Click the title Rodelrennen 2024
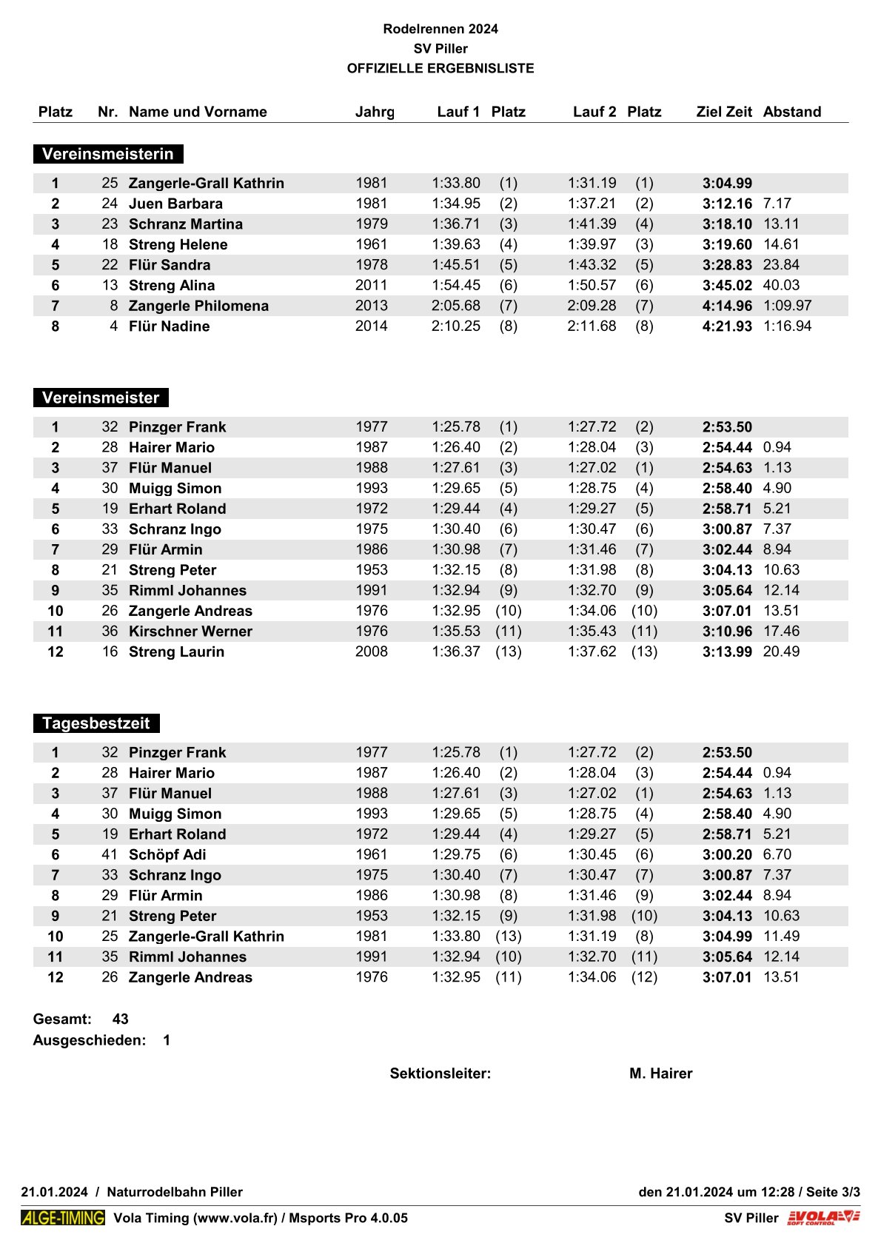pyautogui.click(x=440, y=29)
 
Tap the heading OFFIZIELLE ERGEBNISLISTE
pyautogui.click(x=440, y=68)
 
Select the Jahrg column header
pyautogui.click(x=375, y=112)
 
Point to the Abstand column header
pyautogui.click(x=792, y=112)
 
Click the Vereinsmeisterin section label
pyautogui.click(x=108, y=154)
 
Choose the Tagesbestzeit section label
pyautogui.click(x=96, y=723)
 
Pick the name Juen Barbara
pyautogui.click(x=175, y=204)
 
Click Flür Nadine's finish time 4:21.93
pyautogui.click(x=727, y=326)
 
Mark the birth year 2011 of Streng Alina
pyautogui.click(x=372, y=286)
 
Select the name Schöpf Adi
pyautogui.click(x=167, y=854)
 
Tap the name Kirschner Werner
pyautogui.click(x=190, y=632)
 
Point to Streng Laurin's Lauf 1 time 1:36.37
pyautogui.click(x=456, y=652)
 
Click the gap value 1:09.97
pyautogui.click(x=788, y=306)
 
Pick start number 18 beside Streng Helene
pyautogui.click(x=110, y=244)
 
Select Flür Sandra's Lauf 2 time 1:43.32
pyautogui.click(x=592, y=265)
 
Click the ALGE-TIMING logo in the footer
pyautogui.click(x=63, y=1218)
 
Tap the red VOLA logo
pyautogui.click(x=823, y=1218)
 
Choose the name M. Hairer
pyautogui.click(x=660, y=1073)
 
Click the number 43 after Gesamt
pyautogui.click(x=121, y=1019)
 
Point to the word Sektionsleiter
pyautogui.click(x=440, y=1073)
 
